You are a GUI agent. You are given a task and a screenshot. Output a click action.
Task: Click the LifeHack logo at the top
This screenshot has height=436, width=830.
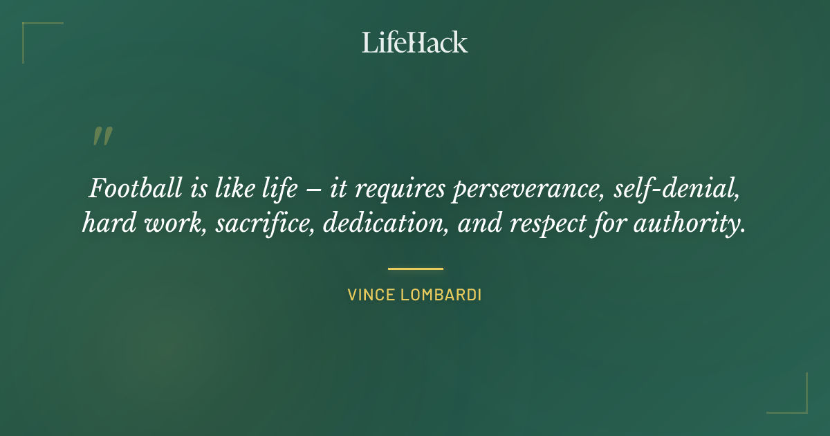(x=415, y=42)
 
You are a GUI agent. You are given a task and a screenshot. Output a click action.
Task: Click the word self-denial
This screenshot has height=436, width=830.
(x=678, y=189)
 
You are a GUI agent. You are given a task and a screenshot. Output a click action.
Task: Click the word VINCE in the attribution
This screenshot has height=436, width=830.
(x=370, y=295)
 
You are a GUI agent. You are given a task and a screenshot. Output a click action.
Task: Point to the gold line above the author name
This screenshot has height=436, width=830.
(x=415, y=269)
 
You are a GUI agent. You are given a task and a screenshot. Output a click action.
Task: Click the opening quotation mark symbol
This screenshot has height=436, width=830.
(x=102, y=136)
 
